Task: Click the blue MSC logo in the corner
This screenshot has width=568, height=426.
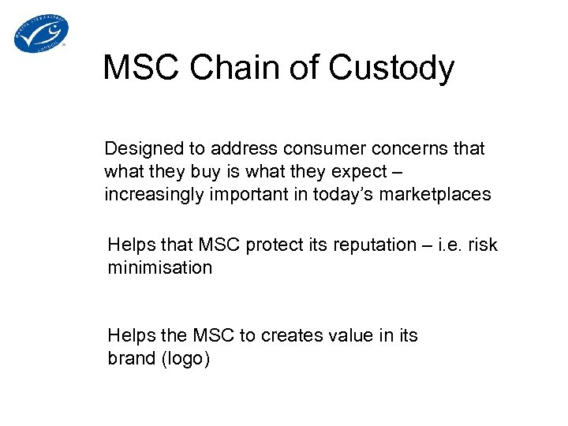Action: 41,33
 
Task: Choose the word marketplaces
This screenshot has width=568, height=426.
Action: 437,195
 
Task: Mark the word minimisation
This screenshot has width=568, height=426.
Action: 160,267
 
